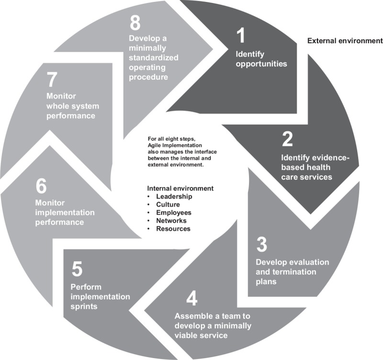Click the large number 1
pos(240,36)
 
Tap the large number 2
pos(287,139)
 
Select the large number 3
pos(261,244)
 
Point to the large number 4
pos(192,298)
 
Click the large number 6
pos(41,186)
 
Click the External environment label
pos(345,41)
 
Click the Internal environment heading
pos(180,188)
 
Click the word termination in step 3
pos(293,272)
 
